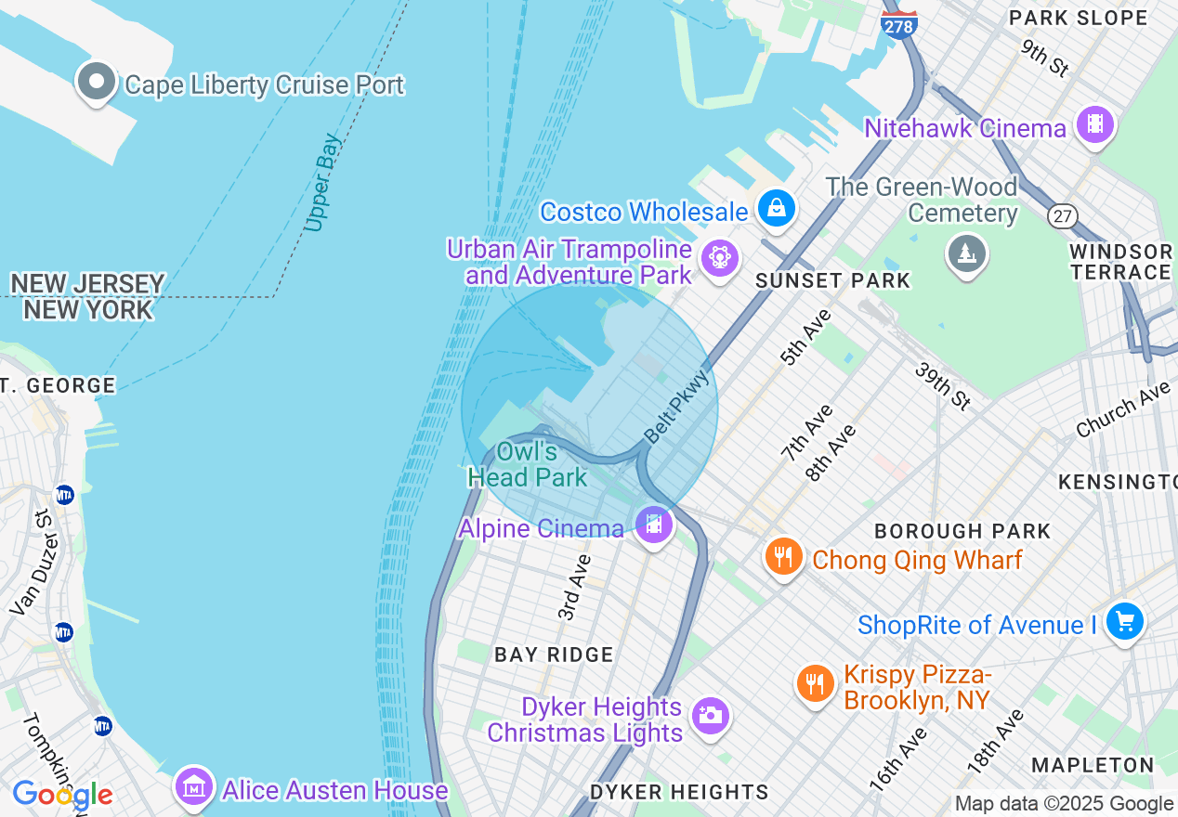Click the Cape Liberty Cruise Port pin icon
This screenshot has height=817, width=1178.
(x=96, y=82)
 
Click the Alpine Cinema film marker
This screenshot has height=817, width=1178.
(x=654, y=525)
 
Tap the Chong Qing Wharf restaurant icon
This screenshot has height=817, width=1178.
(x=784, y=557)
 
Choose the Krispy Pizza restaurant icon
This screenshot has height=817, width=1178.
(x=815, y=684)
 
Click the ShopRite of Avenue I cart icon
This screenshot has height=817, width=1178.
(x=1125, y=621)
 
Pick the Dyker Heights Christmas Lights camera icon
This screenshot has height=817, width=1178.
(x=711, y=716)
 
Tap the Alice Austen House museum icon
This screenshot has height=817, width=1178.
(x=194, y=787)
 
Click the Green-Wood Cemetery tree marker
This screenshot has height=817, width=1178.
(x=966, y=253)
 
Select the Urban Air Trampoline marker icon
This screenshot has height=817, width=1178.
(x=720, y=257)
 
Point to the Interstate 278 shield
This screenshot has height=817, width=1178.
(x=899, y=24)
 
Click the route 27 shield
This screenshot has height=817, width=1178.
(x=1062, y=215)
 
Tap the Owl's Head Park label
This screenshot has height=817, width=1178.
(x=527, y=464)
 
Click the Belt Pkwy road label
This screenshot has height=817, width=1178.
(x=677, y=407)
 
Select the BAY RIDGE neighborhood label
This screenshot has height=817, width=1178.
(x=554, y=655)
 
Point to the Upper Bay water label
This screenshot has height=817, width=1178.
(x=322, y=183)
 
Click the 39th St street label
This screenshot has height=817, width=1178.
(x=943, y=386)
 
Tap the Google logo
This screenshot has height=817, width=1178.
(x=62, y=796)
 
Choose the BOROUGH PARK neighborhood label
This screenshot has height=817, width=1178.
(x=962, y=531)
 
